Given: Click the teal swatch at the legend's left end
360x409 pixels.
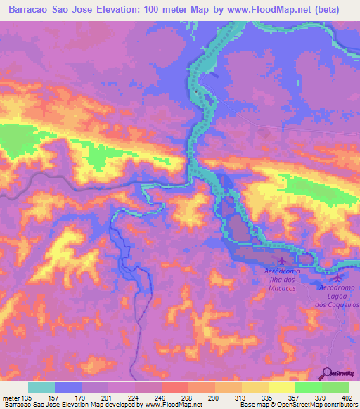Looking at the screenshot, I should [x=41, y=387].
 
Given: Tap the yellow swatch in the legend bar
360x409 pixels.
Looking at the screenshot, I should [x=281, y=387].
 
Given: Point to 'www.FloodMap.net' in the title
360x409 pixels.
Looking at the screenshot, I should [x=278, y=10].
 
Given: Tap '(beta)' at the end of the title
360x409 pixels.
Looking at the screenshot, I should [x=339, y=10].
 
